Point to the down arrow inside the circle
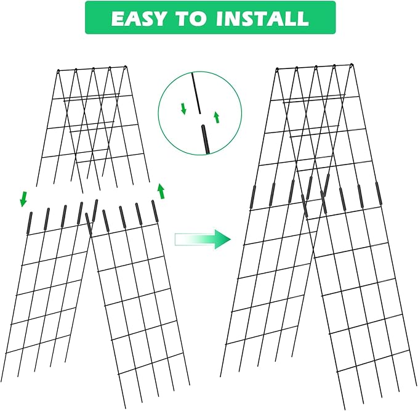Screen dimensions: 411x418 pos(183,110)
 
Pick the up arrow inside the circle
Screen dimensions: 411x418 pos(216,117)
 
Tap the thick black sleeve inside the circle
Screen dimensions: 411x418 pos(204,139)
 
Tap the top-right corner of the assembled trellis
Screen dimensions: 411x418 pos(352,64)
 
